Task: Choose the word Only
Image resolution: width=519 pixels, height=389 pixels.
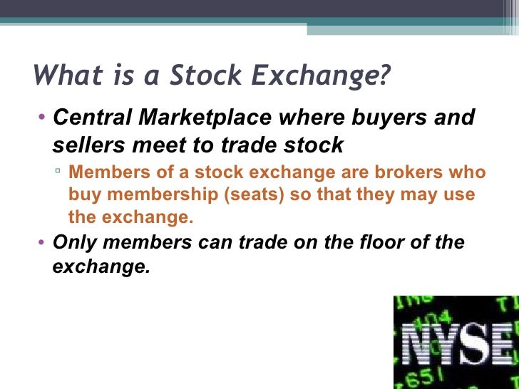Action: click(x=73, y=242)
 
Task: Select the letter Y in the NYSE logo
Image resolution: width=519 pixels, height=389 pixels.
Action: click(x=456, y=344)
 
